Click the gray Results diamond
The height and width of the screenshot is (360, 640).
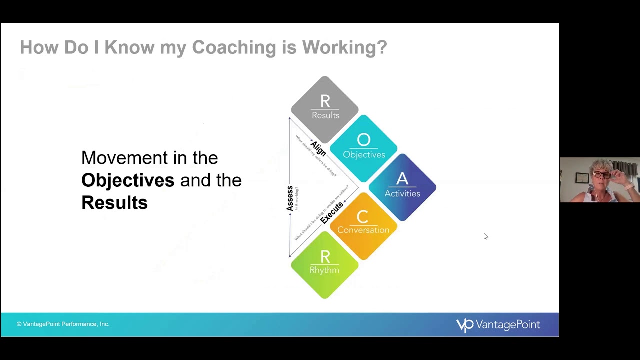pyautogui.click(x=325, y=109)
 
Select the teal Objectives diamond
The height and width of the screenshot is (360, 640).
pyautogui.click(x=364, y=148)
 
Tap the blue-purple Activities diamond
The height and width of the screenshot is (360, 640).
pyautogui.click(x=402, y=187)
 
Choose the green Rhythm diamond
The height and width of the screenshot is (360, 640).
pyautogui.click(x=325, y=264)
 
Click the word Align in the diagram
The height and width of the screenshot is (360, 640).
pyautogui.click(x=318, y=148)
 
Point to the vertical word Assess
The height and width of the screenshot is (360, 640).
pyautogui.click(x=290, y=198)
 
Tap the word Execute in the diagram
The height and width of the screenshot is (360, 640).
pyautogui.click(x=332, y=213)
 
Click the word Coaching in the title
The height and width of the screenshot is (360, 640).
pyautogui.click(x=234, y=47)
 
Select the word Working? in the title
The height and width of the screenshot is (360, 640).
pyautogui.click(x=344, y=47)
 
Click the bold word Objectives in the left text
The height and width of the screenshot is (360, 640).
pyautogui.click(x=128, y=180)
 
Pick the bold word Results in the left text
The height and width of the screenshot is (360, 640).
pyautogui.click(x=114, y=203)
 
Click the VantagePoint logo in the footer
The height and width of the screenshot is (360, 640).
pyautogui.click(x=498, y=325)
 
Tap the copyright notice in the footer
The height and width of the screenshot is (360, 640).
pyautogui.click(x=63, y=324)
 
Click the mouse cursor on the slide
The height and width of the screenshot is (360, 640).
pyautogui.click(x=485, y=236)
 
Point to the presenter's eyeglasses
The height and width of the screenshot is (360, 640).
pyautogui.click(x=601, y=174)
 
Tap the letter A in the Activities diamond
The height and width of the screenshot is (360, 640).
pyautogui.click(x=402, y=178)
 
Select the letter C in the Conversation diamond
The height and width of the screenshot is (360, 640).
pyautogui.click(x=363, y=217)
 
